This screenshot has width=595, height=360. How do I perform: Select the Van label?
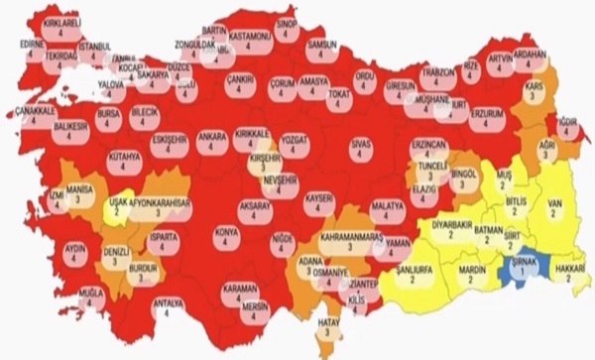click(556, 206)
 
